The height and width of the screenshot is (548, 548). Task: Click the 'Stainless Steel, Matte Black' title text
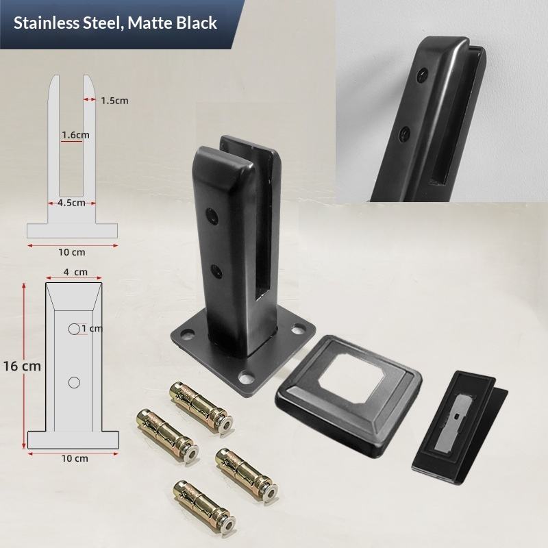(115, 23)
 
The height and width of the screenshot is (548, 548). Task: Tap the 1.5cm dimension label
(114, 101)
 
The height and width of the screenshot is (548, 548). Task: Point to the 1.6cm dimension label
(75, 134)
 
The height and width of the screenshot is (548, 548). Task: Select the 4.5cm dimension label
(72, 203)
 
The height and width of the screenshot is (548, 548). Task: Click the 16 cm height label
(22, 366)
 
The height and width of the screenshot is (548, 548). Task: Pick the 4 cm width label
(75, 272)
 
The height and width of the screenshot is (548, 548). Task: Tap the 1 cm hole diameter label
(92, 329)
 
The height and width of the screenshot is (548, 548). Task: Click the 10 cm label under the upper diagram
(72, 252)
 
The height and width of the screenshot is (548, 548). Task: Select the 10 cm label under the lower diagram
(75, 458)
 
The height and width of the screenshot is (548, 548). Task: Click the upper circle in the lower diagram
(74, 329)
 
